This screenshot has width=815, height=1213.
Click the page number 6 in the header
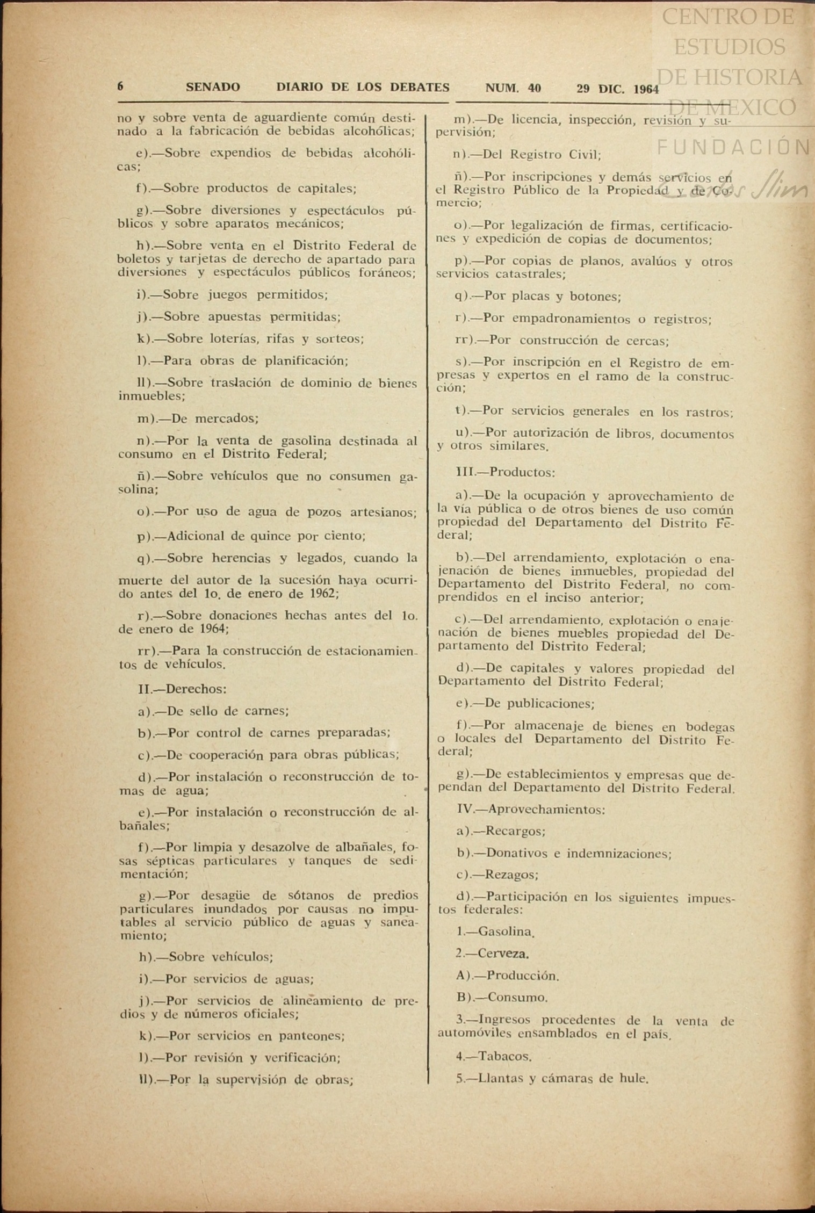(121, 86)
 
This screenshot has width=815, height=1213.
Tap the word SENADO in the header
(213, 87)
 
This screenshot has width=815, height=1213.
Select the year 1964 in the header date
(646, 89)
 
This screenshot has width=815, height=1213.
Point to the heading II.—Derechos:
(182, 689)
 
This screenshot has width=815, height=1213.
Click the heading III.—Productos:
(505, 473)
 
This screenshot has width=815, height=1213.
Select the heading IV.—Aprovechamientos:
(531, 809)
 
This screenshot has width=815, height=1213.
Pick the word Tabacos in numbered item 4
(504, 1056)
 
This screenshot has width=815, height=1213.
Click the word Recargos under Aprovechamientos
(515, 831)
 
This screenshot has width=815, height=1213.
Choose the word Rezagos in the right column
(511, 875)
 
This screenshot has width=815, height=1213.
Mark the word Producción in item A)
(523, 976)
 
